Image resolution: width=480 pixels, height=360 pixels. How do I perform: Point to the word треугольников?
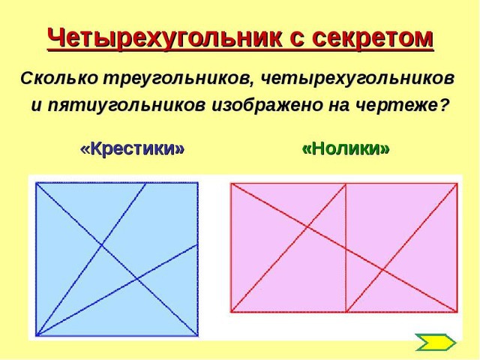click(178, 79)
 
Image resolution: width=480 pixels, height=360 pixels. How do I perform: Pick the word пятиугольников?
click(126, 106)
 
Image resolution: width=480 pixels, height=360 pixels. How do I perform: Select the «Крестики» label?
click(132, 148)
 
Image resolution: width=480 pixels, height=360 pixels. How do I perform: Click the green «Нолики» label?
click(346, 148)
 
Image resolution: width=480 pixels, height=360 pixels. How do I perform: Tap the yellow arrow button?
click(436, 342)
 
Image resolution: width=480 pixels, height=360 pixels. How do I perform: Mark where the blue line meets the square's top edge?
click(145, 183)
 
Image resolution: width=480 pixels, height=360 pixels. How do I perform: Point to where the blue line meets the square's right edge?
click(197, 244)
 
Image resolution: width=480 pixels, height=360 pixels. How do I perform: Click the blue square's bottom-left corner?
click(36, 335)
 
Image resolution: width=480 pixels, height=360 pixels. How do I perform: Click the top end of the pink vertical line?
click(346, 184)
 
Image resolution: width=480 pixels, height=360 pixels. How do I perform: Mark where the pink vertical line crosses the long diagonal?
click(346, 249)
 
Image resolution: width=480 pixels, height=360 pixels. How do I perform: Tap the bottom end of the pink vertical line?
click(346, 312)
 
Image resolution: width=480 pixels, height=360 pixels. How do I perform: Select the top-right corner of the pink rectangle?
click(457, 184)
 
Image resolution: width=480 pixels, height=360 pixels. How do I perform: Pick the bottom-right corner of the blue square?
click(198, 335)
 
